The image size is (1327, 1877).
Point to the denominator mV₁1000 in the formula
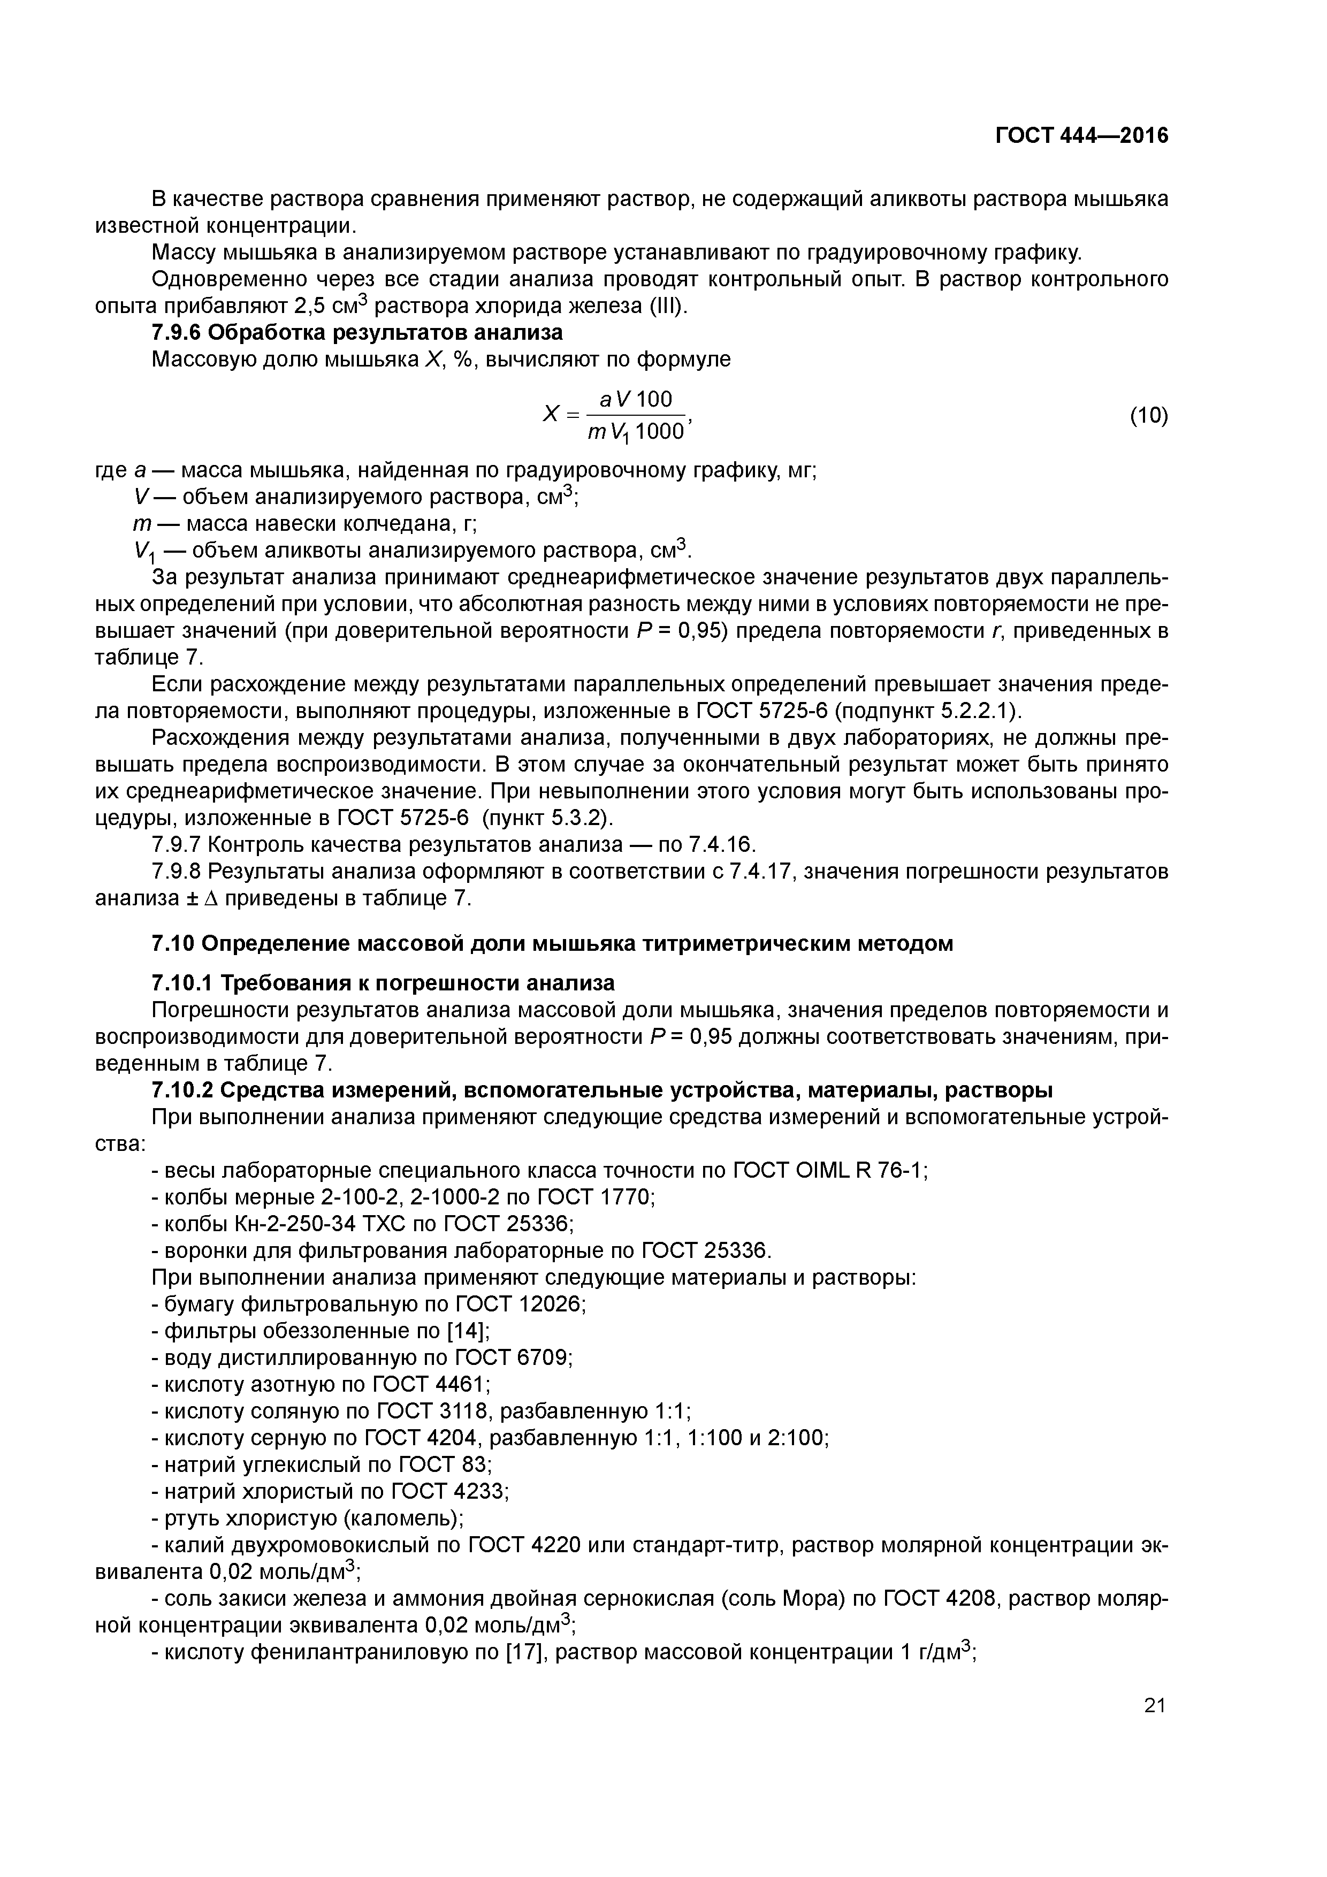(635, 432)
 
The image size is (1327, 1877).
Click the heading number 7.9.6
(179, 333)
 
